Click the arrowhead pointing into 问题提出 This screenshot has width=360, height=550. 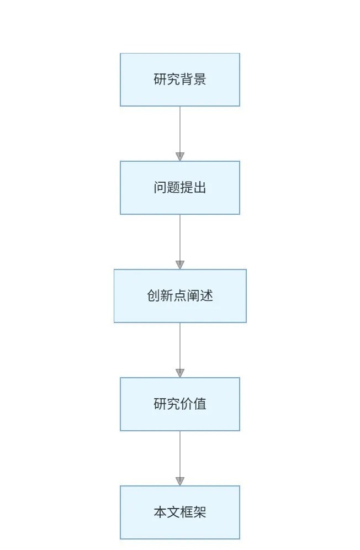pos(180,156)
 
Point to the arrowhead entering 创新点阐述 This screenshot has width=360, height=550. pos(180,265)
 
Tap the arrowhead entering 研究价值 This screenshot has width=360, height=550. pos(180,373)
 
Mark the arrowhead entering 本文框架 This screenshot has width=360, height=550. pos(180,481)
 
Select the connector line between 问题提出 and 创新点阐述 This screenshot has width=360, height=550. pos(180,237)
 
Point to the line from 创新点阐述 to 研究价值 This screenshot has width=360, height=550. pos(180,345)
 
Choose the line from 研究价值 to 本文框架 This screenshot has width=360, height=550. pos(180,453)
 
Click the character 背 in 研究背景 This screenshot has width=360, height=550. pos(187,80)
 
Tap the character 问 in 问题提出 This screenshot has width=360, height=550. pos(160,188)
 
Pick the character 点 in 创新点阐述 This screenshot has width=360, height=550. pos(180,296)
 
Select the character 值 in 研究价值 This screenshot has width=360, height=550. pos(200,404)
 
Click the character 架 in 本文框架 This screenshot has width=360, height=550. pos(200,512)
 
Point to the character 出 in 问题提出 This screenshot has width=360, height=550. pos(200,188)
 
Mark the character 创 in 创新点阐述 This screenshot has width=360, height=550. pos(153,296)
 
